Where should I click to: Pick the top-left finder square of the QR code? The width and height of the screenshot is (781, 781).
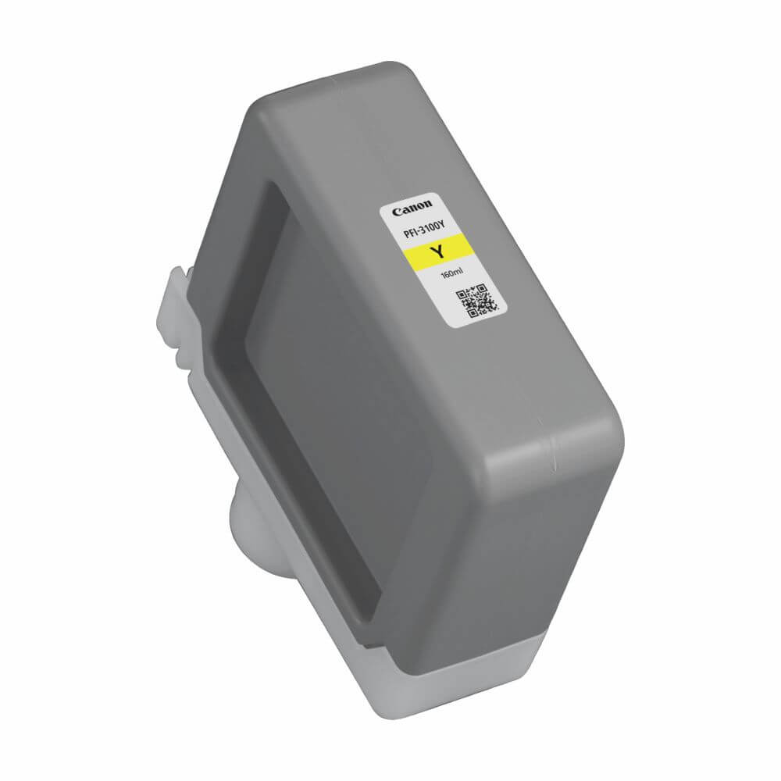click(462, 295)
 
